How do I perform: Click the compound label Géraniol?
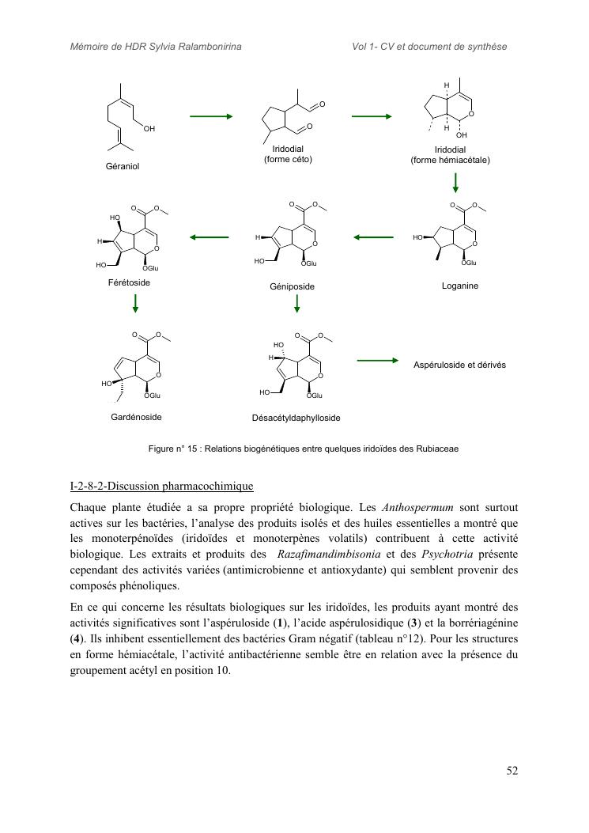pyautogui.click(x=122, y=166)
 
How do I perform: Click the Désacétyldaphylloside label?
pyautogui.click(x=296, y=418)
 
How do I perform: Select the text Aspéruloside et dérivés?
pyautogui.click(x=459, y=365)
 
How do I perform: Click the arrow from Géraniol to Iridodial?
pyautogui.click(x=211, y=116)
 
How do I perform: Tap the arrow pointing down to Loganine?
pyautogui.click(x=455, y=184)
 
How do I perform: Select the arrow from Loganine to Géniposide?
pyautogui.click(x=373, y=237)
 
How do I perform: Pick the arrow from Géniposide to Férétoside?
pyautogui.click(x=210, y=237)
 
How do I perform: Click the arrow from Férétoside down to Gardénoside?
pyautogui.click(x=136, y=303)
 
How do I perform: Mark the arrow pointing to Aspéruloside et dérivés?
pyautogui.click(x=378, y=361)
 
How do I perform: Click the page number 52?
pyautogui.click(x=512, y=771)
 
